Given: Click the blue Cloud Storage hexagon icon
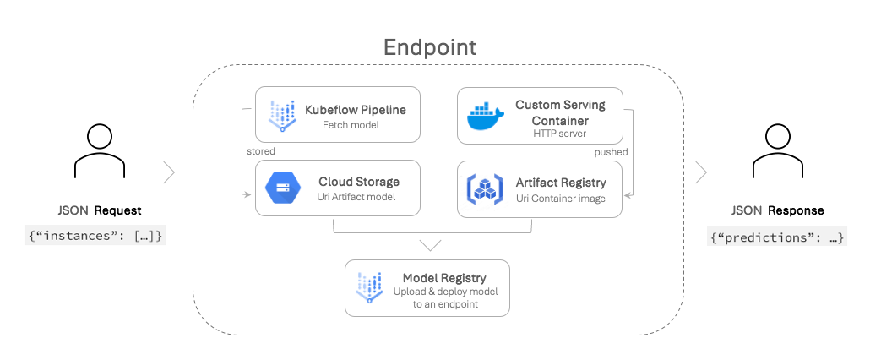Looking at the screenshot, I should click(x=281, y=188).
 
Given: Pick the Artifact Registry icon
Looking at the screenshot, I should click(x=483, y=188).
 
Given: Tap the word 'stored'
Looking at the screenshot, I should click(x=260, y=152).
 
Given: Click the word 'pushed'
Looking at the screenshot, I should click(x=611, y=152).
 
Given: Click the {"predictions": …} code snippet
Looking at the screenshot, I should click(x=777, y=237).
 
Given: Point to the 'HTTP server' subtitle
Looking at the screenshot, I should click(x=560, y=133).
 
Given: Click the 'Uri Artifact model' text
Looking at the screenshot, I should click(x=358, y=197).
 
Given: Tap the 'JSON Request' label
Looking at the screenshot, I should click(x=99, y=210).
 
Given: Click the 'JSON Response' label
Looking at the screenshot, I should click(x=777, y=210).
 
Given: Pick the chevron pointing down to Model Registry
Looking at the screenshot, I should click(x=431, y=245).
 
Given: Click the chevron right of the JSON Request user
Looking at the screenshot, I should click(x=169, y=172).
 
